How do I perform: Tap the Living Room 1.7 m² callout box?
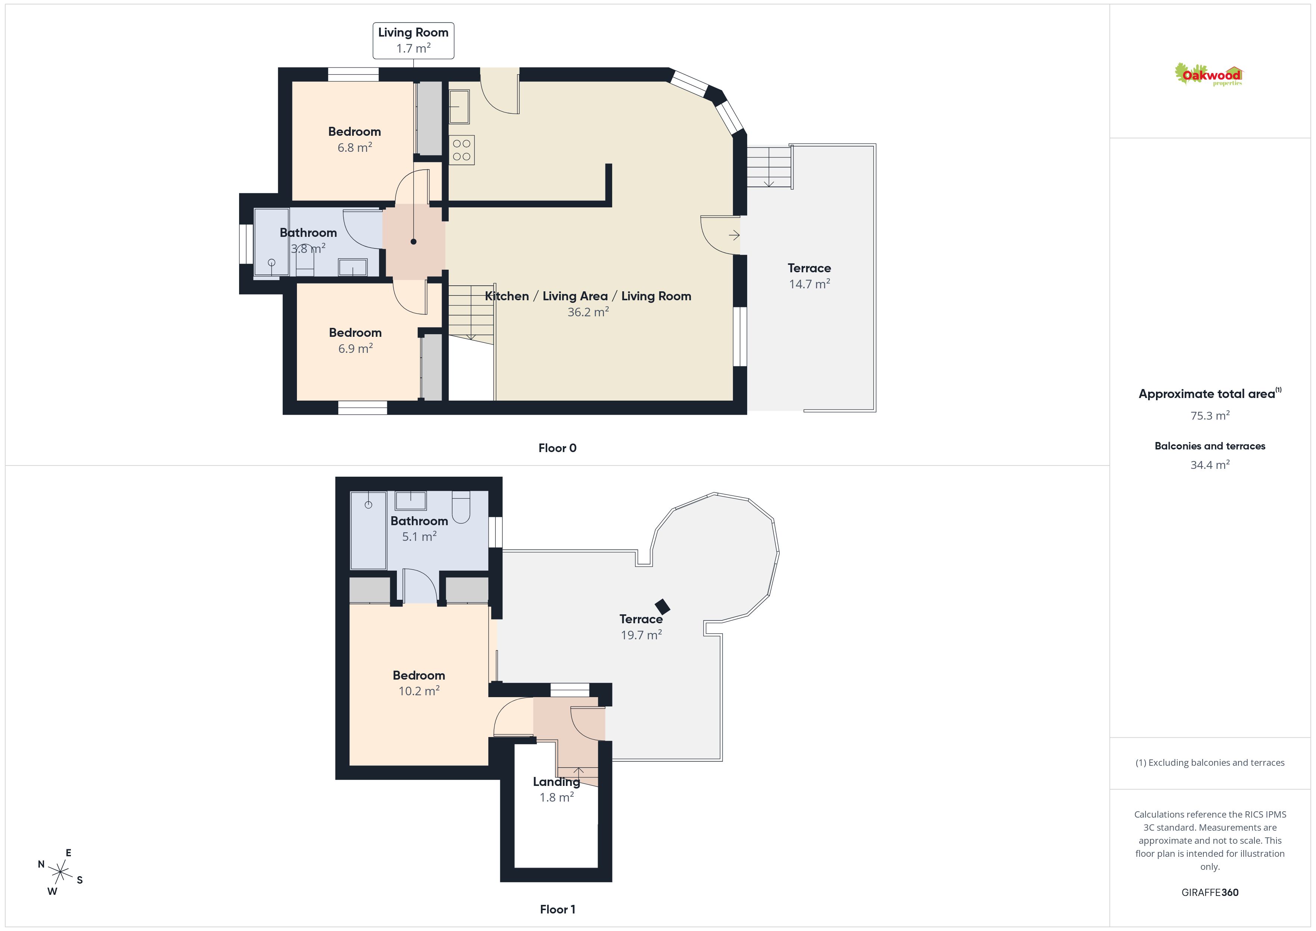pyautogui.click(x=413, y=41)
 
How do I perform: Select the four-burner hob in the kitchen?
pyautogui.click(x=461, y=150)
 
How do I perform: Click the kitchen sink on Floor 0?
pyautogui.click(x=459, y=107)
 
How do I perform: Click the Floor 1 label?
pyautogui.click(x=557, y=909)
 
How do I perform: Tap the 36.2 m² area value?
pyautogui.click(x=588, y=312)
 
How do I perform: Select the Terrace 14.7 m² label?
pyautogui.click(x=809, y=276)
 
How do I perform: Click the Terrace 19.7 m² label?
pyautogui.click(x=641, y=627)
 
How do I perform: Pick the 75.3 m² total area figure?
pyautogui.click(x=1210, y=416)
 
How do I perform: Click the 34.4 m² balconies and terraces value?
pyautogui.click(x=1210, y=465)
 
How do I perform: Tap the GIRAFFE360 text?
pyautogui.click(x=1210, y=893)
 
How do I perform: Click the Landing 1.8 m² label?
pyautogui.click(x=557, y=789)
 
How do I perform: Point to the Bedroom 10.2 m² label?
pyautogui.click(x=419, y=683)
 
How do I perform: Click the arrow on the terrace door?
pyautogui.click(x=734, y=235)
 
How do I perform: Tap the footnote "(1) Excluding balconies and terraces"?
pyautogui.click(x=1210, y=762)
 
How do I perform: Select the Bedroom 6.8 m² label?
pyautogui.click(x=355, y=139)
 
